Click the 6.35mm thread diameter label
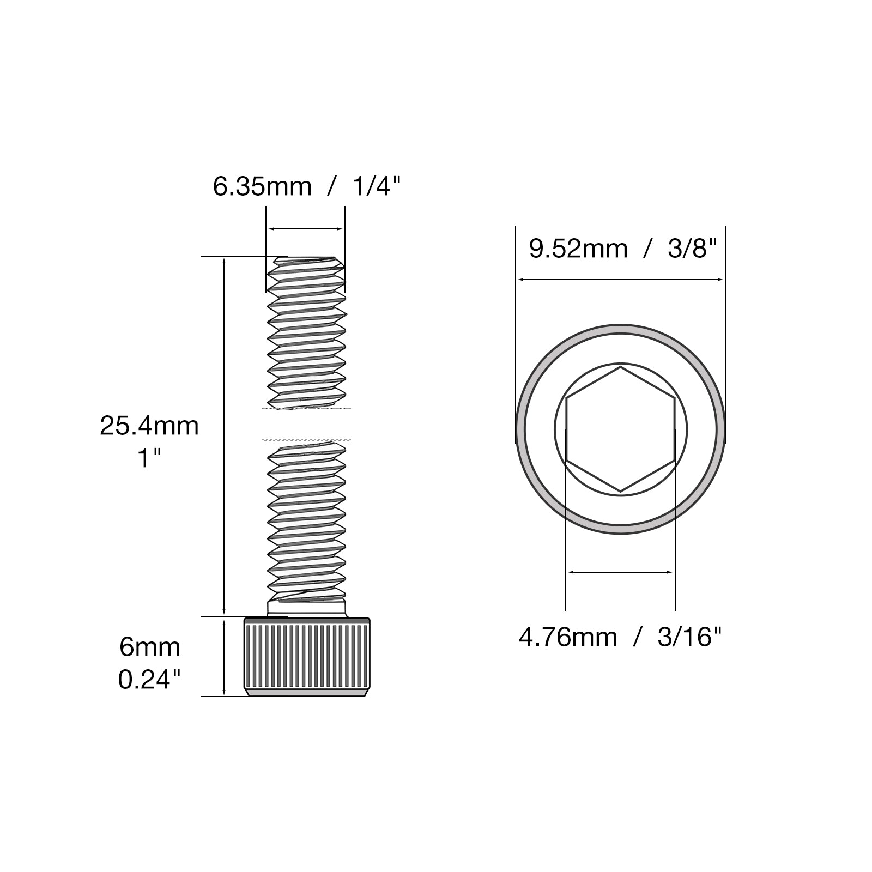click(x=262, y=187)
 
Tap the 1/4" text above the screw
click(x=377, y=187)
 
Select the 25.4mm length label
click(x=149, y=426)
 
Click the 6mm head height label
click(x=150, y=647)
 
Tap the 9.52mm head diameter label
click(x=578, y=249)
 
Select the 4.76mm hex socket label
click(x=568, y=637)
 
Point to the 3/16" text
click(x=689, y=637)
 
